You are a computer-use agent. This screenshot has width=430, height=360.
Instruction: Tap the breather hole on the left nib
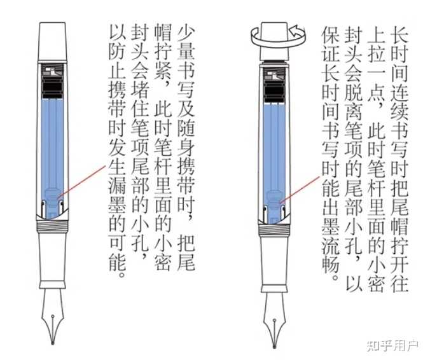tap(53, 317)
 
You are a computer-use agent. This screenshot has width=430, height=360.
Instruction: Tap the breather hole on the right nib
tap(275, 320)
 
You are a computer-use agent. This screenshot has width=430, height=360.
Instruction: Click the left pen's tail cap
tap(52, 41)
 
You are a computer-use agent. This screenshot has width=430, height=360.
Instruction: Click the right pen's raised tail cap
tap(274, 41)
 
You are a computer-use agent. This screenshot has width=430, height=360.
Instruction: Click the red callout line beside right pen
tap(300, 190)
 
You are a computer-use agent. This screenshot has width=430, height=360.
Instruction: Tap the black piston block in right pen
tap(274, 93)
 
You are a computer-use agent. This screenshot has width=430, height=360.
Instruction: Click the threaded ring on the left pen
tap(52, 226)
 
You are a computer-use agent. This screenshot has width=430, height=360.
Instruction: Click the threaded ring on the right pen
tap(274, 230)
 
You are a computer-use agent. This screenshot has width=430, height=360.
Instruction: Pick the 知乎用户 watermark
tap(392, 345)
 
